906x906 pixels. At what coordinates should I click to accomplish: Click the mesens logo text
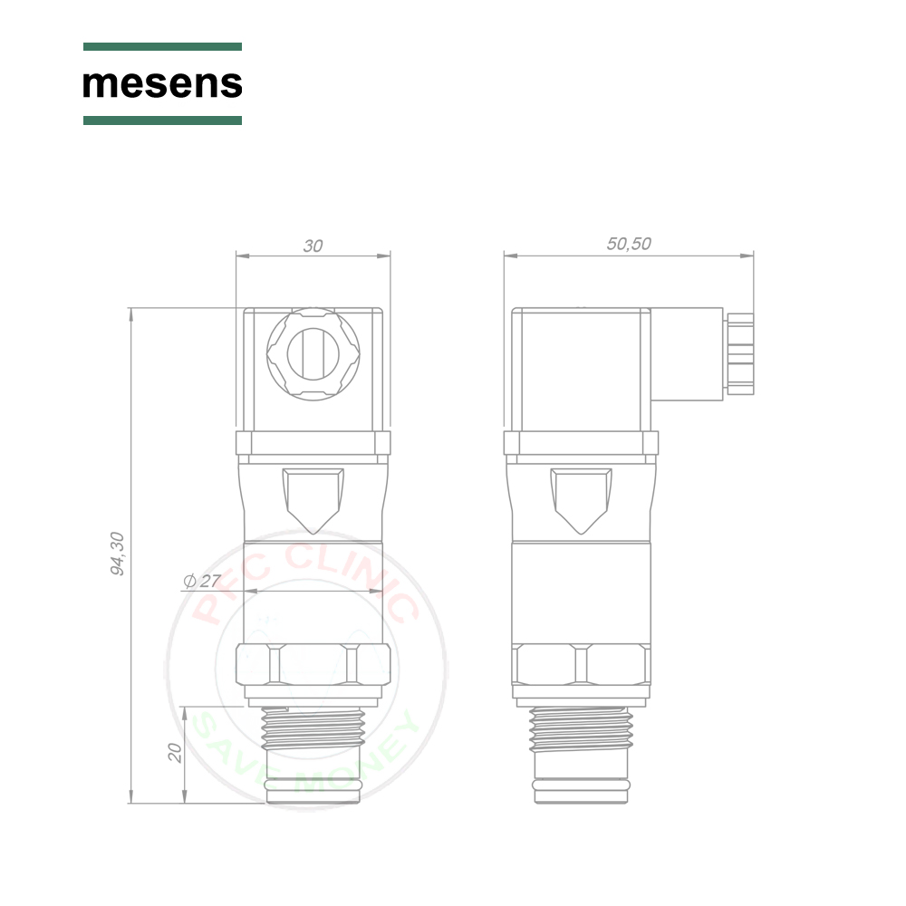click(x=162, y=83)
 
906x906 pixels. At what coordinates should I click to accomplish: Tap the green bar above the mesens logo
click(x=162, y=46)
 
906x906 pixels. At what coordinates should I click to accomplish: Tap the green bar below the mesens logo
click(x=162, y=120)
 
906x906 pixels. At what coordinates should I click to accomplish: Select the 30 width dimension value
click(x=313, y=246)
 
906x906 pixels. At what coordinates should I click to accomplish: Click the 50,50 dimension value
click(x=629, y=244)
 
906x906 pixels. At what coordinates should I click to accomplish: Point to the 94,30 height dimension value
click(x=117, y=554)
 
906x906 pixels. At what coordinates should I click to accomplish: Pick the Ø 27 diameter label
click(x=202, y=581)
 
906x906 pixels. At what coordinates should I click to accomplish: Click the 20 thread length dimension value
click(x=175, y=752)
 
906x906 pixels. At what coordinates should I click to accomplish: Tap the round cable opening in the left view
click(x=313, y=353)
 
